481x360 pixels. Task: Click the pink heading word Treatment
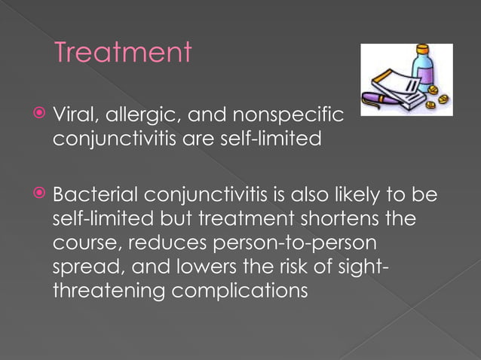point(123,53)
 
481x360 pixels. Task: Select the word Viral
point(75,117)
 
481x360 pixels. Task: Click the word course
point(82,245)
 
